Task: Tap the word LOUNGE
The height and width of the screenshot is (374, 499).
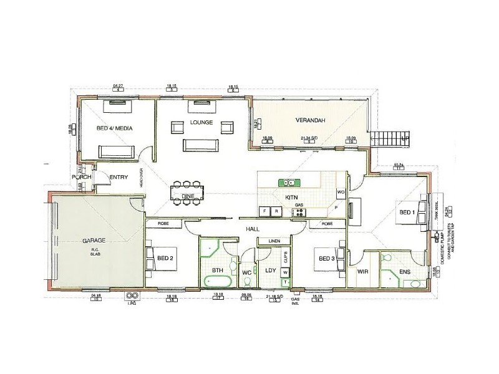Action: click(203, 122)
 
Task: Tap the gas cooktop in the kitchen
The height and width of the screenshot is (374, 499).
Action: click(299, 212)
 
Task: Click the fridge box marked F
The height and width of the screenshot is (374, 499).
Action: click(266, 212)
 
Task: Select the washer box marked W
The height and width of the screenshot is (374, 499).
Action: click(285, 272)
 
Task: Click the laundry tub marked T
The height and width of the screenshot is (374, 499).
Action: click(285, 282)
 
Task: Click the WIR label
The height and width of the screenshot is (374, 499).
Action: click(362, 272)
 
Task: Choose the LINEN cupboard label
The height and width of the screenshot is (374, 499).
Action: click(274, 241)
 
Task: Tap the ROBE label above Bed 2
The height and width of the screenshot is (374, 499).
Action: click(163, 223)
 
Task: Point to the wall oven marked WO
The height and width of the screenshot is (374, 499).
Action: click(341, 192)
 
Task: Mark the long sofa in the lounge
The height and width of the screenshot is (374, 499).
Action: click(200, 145)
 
